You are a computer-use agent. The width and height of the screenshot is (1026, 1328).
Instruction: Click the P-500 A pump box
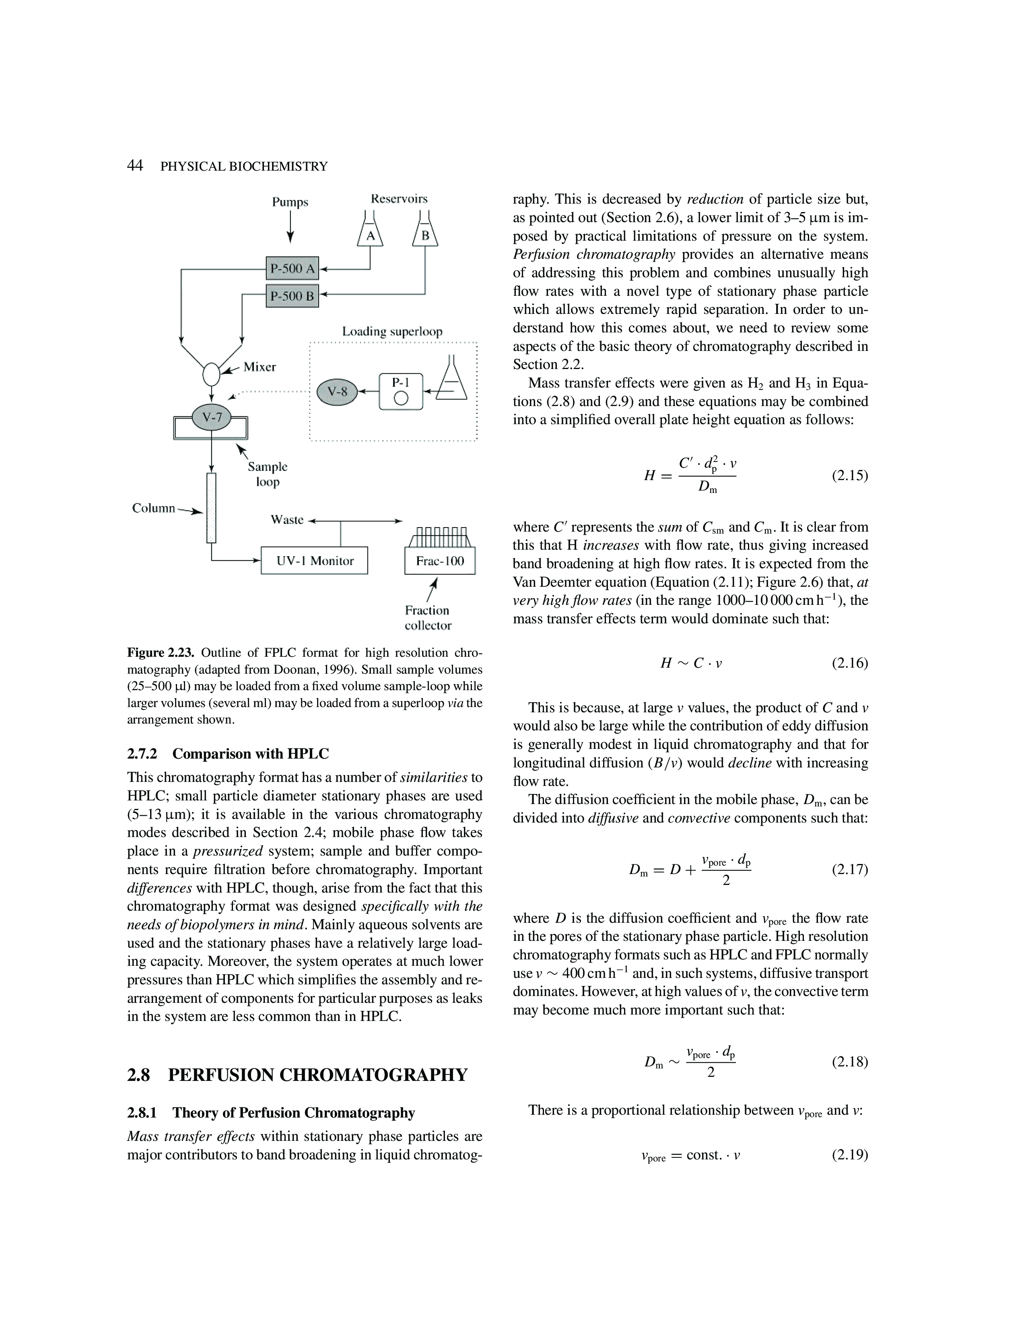(293, 268)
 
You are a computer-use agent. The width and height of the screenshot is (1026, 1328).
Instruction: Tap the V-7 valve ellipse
(212, 417)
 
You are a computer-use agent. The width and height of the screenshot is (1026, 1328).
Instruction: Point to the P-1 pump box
(401, 391)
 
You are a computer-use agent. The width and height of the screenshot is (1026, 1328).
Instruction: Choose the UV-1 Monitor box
(314, 561)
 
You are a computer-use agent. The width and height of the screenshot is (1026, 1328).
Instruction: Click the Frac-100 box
(439, 561)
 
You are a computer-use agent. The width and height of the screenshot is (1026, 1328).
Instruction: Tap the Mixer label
(260, 367)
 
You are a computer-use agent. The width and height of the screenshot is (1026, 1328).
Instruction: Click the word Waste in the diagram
(287, 520)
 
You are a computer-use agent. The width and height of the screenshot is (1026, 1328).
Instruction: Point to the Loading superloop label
(392, 331)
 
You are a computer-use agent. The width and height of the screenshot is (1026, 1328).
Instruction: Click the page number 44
(135, 165)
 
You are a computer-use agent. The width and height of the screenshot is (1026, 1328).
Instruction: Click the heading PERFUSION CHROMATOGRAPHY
(317, 1075)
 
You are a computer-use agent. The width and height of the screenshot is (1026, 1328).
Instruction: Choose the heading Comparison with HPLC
(250, 754)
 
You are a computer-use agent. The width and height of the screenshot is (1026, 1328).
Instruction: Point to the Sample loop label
(268, 474)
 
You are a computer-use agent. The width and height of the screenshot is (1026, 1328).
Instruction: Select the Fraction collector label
(428, 618)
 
